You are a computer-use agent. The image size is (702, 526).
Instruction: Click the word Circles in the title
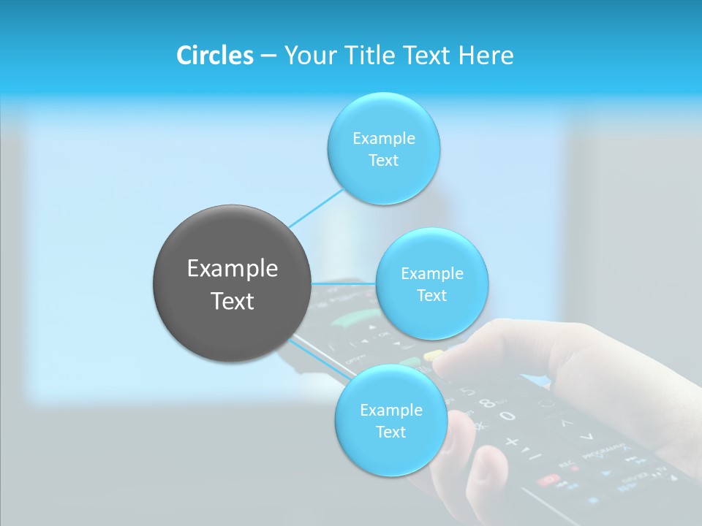(x=214, y=56)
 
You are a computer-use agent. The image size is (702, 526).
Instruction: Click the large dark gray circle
(x=233, y=283)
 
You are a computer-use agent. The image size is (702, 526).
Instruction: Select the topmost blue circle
(x=383, y=148)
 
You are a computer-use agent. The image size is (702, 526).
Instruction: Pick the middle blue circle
(x=431, y=283)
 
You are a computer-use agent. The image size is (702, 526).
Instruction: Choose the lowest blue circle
(x=390, y=421)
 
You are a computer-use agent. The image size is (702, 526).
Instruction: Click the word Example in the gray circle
(x=233, y=269)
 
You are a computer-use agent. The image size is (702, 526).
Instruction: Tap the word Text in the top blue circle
(x=383, y=161)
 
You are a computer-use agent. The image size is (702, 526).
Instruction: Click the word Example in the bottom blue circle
(x=390, y=410)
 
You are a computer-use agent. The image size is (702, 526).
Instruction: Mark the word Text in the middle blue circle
(x=431, y=296)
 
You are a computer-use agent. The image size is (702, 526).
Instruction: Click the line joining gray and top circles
(x=316, y=207)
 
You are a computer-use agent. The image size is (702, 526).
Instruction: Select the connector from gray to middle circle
(x=344, y=283)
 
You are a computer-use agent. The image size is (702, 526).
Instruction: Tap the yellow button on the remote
(x=434, y=355)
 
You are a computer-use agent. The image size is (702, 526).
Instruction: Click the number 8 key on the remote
(x=486, y=403)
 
